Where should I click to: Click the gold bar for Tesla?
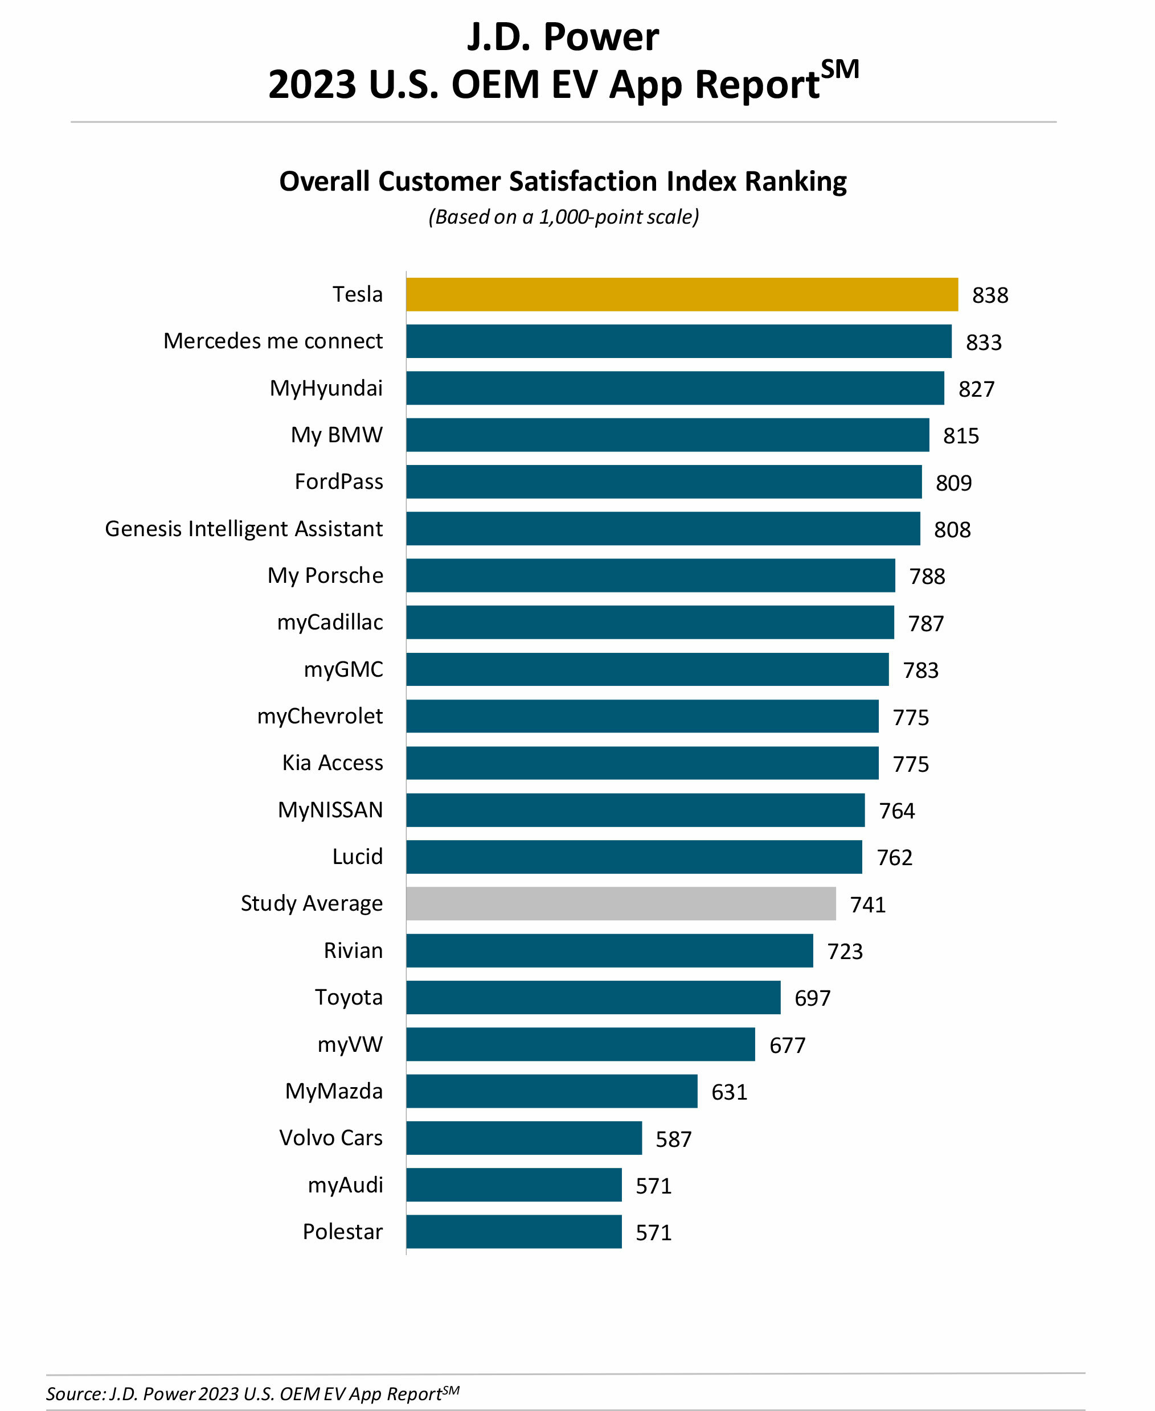pyautogui.click(x=682, y=295)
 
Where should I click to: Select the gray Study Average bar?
pyautogui.click(x=621, y=904)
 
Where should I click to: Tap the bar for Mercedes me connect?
pyautogui.click(x=679, y=341)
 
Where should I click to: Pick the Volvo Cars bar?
pyautogui.click(x=525, y=1138)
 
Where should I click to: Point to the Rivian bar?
pyautogui.click(x=609, y=951)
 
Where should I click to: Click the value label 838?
pyautogui.click(x=990, y=295)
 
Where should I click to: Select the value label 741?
pyautogui.click(x=867, y=905)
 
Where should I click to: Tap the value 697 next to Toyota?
pyautogui.click(x=812, y=998)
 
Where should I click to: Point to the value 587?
pyautogui.click(x=673, y=1140)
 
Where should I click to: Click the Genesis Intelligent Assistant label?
pyautogui.click(x=244, y=529)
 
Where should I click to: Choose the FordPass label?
pyautogui.click(x=339, y=482)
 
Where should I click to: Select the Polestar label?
pyautogui.click(x=343, y=1232)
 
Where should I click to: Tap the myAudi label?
pyautogui.click(x=345, y=1185)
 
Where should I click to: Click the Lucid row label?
pyautogui.click(x=357, y=857)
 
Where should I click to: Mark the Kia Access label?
pyautogui.click(x=333, y=763)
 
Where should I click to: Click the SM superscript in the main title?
pyautogui.click(x=839, y=69)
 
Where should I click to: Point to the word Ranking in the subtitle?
pyautogui.click(x=795, y=182)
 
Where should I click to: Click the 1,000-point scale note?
pyautogui.click(x=563, y=217)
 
